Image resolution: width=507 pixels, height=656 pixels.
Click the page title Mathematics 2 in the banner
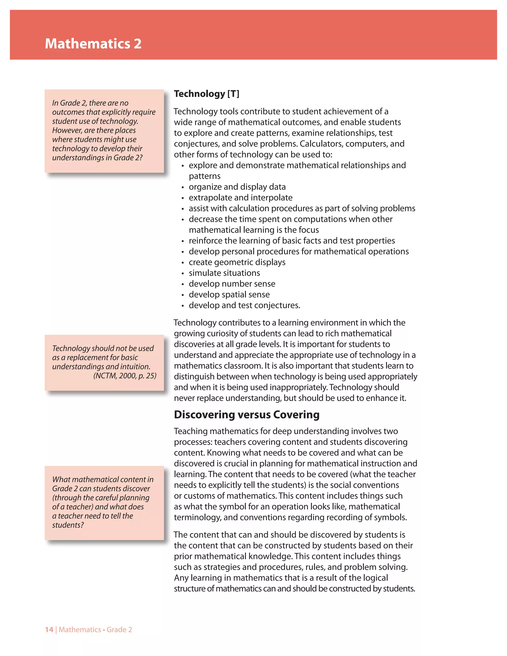[x=93, y=44]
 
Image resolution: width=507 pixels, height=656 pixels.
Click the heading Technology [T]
[x=207, y=94]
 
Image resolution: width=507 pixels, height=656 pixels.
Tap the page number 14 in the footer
[x=49, y=630]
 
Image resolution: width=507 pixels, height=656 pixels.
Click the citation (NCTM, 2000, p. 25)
[x=125, y=376]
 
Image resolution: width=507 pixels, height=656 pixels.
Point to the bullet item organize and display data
[x=237, y=187]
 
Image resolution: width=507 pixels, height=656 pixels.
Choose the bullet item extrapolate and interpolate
[x=240, y=198]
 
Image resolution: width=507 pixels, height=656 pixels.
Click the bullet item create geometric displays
[x=237, y=262]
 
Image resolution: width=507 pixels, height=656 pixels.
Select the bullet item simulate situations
[x=224, y=273]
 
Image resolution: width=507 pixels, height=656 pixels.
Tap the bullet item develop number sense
[x=232, y=284]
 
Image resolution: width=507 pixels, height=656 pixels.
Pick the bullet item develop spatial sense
[x=229, y=295]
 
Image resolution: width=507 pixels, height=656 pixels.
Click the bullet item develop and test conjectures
[x=244, y=305]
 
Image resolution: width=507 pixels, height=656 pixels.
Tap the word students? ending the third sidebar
[x=68, y=525]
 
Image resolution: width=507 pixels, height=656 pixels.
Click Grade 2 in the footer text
[x=119, y=630]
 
